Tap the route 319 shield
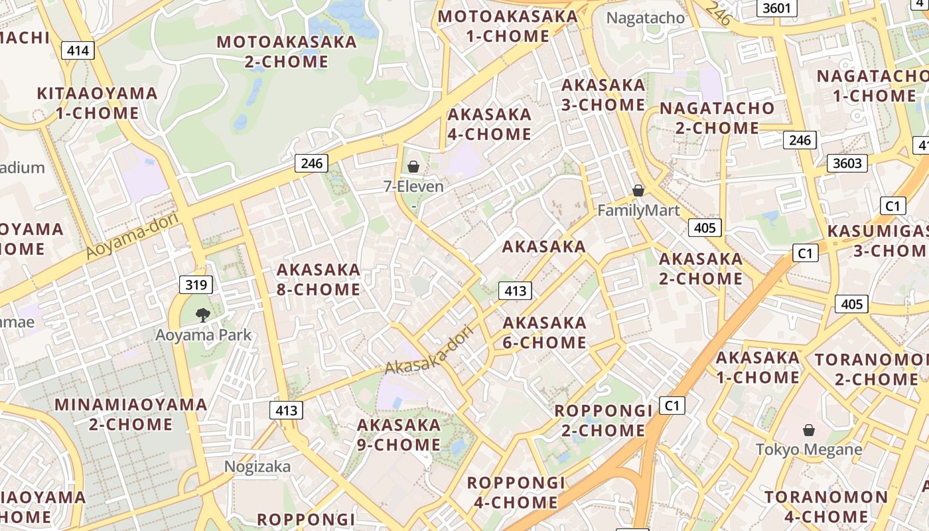(x=196, y=285)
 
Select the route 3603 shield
(x=847, y=163)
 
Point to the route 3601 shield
(x=776, y=8)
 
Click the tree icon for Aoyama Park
(x=203, y=315)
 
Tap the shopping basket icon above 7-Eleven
(x=413, y=166)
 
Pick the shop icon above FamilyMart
(x=638, y=190)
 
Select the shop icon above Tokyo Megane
(x=809, y=430)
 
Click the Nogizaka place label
(x=257, y=467)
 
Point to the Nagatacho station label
(x=646, y=18)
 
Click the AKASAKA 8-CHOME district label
(x=319, y=279)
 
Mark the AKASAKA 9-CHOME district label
(x=399, y=435)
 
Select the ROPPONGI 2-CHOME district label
(x=603, y=420)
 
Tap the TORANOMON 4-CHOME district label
(x=825, y=506)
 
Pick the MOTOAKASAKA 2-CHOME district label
(x=287, y=52)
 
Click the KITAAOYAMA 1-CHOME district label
(x=98, y=103)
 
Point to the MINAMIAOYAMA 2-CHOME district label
(x=131, y=414)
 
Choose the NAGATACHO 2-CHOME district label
(x=717, y=117)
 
